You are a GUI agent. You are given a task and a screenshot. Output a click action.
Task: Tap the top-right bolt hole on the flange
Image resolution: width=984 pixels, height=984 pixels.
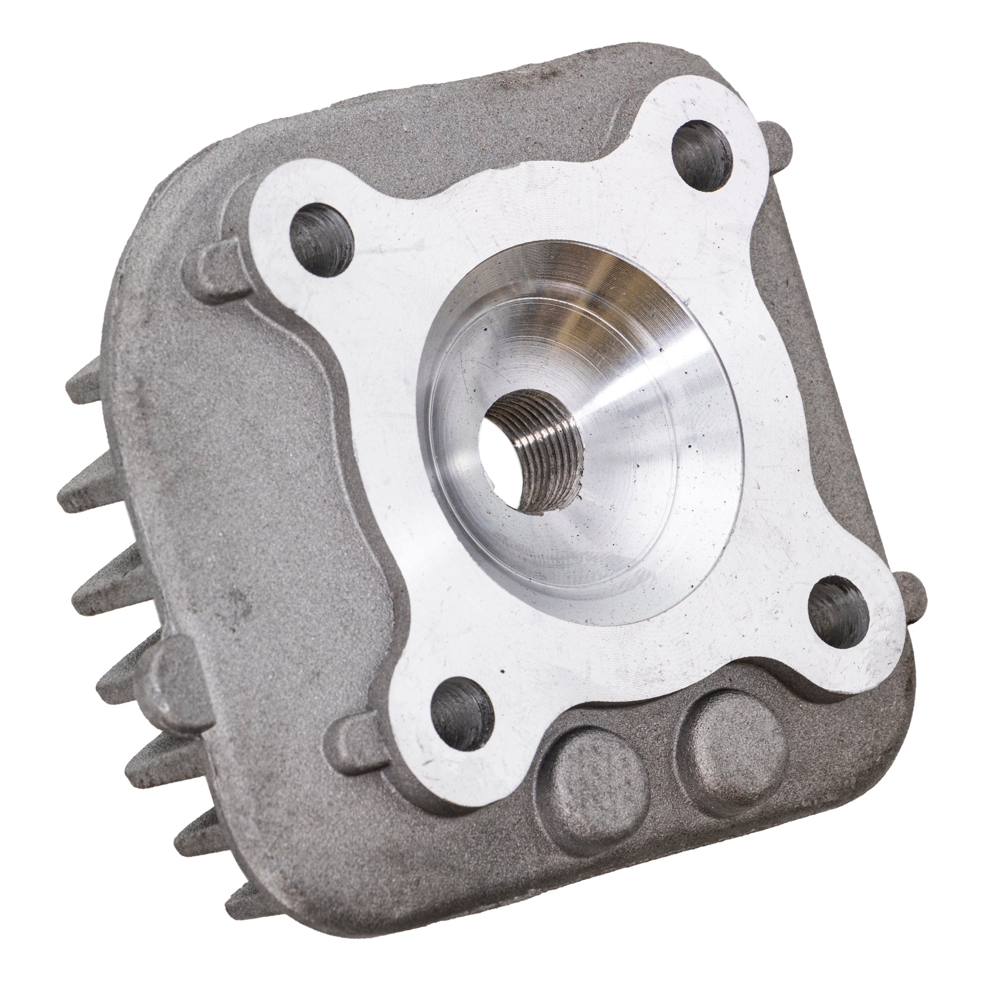coord(702,155)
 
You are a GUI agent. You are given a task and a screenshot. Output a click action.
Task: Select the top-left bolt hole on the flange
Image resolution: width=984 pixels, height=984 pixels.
coord(321,240)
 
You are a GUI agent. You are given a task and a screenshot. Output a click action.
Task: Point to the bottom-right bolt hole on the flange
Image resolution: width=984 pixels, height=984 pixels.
coord(838,611)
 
